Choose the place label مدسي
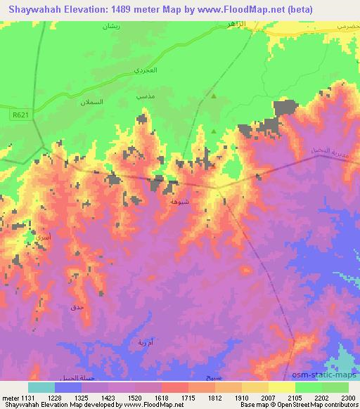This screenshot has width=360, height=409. click(x=144, y=93)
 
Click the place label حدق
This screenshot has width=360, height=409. click(x=77, y=308)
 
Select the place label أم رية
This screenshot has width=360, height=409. click(x=139, y=342)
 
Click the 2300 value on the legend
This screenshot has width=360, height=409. click(x=349, y=397)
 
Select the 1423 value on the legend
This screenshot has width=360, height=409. click(x=121, y=397)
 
